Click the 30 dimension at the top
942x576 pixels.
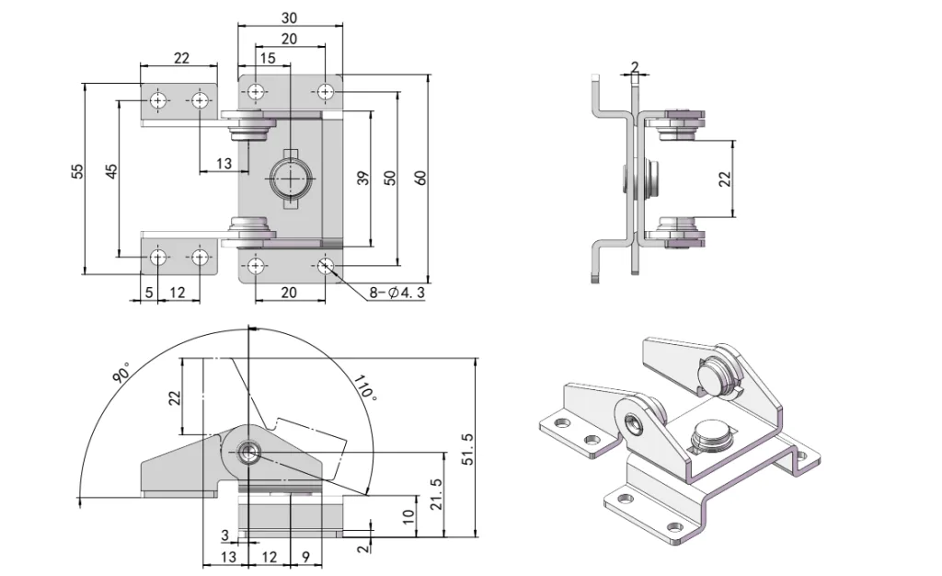point(289,17)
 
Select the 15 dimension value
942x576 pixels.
point(268,58)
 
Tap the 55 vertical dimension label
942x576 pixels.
point(77,171)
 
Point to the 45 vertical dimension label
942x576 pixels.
point(111,171)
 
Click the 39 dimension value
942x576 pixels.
point(362,179)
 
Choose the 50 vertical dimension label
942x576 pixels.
point(390,179)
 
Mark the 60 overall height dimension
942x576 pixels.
point(421,179)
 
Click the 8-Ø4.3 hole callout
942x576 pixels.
point(395,294)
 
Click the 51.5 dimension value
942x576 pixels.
point(466,450)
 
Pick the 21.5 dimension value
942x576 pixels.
point(436,495)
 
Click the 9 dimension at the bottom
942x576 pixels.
point(304,557)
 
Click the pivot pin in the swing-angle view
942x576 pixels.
point(248,451)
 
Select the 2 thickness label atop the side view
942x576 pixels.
point(635,66)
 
